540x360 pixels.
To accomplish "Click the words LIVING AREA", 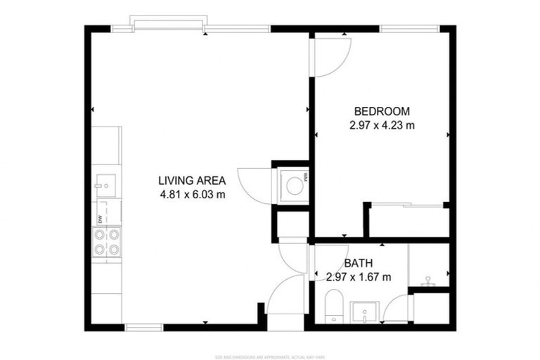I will pyautogui.click(x=191, y=181).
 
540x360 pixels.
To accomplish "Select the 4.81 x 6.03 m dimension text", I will pyautogui.click(x=191, y=195).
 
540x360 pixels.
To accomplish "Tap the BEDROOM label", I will pyautogui.click(x=381, y=111).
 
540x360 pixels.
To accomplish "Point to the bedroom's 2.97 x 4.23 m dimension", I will pyautogui.click(x=381, y=125).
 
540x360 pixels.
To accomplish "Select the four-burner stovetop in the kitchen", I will pyautogui.click(x=106, y=242).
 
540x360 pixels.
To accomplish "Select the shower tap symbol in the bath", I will pyautogui.click(x=426, y=281).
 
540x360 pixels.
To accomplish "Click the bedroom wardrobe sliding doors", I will pyautogui.click(x=408, y=205).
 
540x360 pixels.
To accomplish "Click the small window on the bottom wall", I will pyautogui.click(x=143, y=327).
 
